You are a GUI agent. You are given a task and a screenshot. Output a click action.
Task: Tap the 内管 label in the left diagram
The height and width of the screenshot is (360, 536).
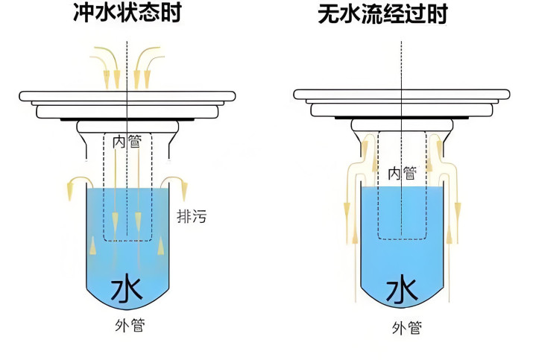(127, 141)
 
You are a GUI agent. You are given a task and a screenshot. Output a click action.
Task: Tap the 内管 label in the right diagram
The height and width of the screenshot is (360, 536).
(403, 173)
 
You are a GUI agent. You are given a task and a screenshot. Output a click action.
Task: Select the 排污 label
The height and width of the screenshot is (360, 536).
(192, 217)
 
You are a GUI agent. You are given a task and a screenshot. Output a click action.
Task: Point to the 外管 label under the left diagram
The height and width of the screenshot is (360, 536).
(127, 326)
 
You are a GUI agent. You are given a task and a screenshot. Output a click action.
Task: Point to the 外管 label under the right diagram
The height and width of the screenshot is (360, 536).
(407, 327)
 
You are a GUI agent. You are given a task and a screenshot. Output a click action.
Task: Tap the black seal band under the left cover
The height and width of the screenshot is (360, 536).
(127, 121)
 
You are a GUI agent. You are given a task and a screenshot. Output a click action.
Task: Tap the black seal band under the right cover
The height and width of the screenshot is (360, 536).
(403, 121)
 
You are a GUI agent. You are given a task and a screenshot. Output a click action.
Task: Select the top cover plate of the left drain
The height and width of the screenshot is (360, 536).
(127, 96)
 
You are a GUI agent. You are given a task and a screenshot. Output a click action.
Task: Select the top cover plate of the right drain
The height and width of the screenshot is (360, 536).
(403, 95)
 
